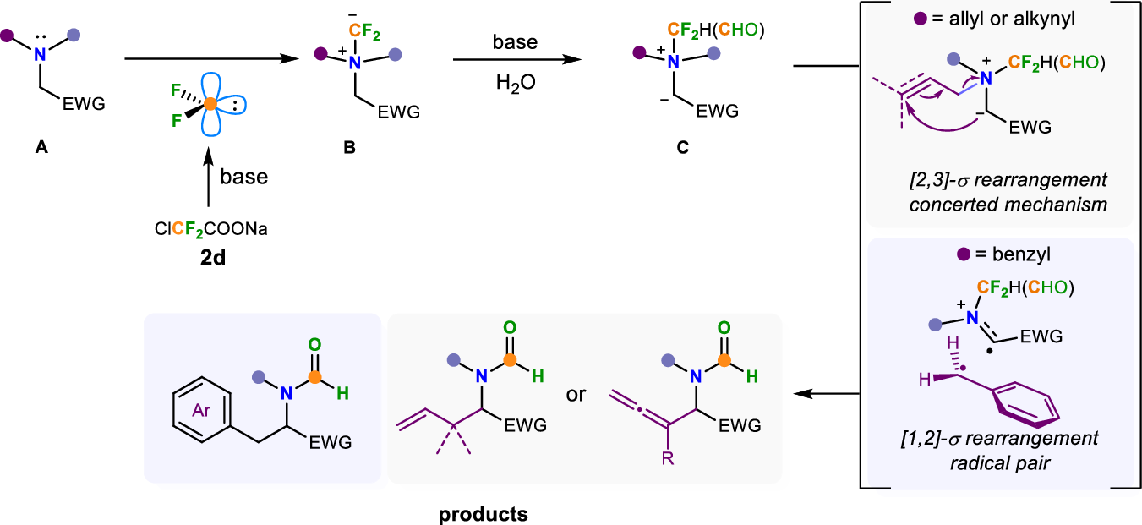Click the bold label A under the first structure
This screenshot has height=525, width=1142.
(x=41, y=147)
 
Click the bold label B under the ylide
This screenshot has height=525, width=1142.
(x=350, y=147)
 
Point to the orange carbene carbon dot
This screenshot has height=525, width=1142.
(x=209, y=104)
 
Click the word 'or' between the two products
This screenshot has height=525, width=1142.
(x=576, y=395)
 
